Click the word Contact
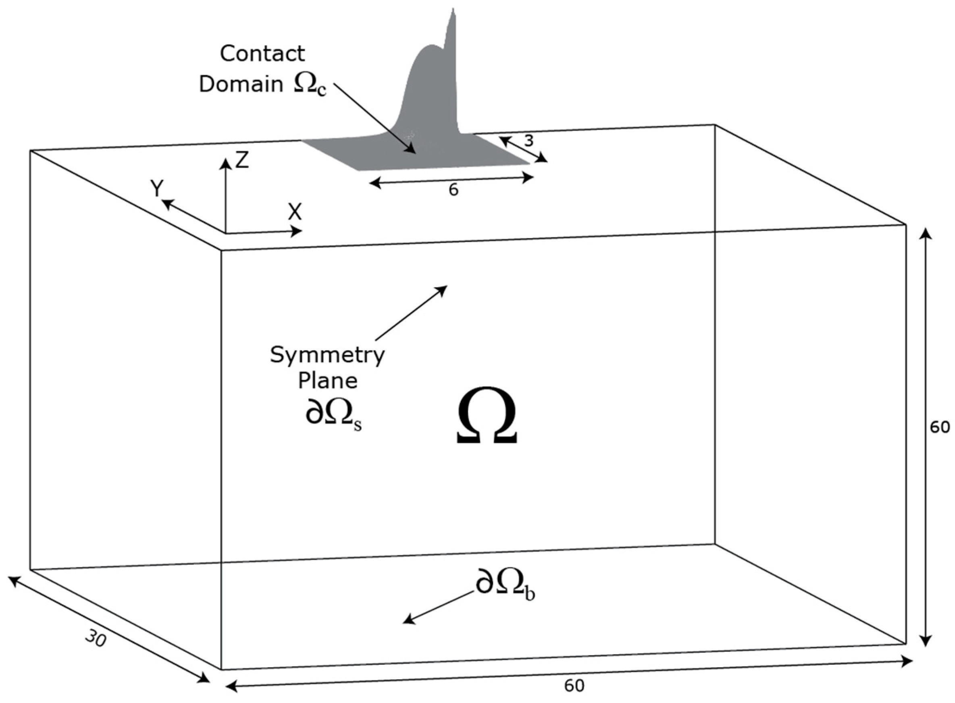262,54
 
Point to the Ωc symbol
310,85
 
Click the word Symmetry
327,355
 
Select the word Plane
327,380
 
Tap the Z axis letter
242,160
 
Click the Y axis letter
157,188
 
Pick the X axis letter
295,212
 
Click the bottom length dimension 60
574,686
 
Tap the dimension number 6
454,190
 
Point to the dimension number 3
528,141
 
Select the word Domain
241,85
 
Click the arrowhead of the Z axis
225,161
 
